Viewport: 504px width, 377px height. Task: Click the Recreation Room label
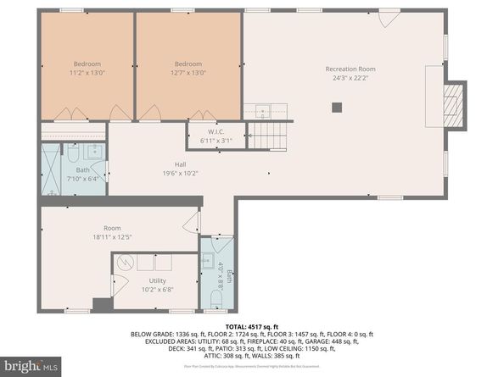(350, 69)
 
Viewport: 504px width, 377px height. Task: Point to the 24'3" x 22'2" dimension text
(350, 79)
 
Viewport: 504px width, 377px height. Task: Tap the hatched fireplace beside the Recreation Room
(456, 106)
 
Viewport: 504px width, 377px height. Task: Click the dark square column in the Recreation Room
(337, 107)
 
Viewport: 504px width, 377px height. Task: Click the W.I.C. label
(215, 131)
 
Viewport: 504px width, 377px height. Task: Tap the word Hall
(181, 164)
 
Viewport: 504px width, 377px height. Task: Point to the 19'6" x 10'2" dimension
(181, 174)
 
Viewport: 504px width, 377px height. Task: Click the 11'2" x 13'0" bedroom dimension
(87, 74)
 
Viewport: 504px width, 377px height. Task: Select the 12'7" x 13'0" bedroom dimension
(188, 74)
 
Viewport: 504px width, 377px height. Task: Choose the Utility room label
(158, 280)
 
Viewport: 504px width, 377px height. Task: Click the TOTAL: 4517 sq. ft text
(251, 326)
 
